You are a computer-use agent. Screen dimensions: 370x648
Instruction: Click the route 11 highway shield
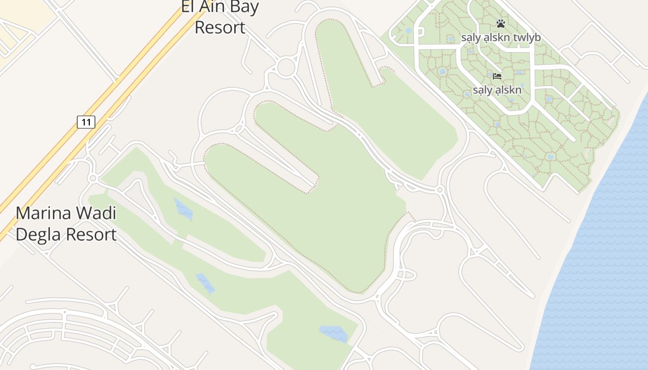pos(86,122)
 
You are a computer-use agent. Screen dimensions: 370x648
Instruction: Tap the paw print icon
pos(500,23)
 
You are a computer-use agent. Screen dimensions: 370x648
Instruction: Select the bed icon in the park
pos(497,76)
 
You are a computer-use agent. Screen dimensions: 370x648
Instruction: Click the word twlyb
pos(524,37)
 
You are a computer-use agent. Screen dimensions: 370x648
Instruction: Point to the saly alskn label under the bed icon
pos(497,90)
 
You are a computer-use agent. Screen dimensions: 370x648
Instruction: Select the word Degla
pos(36,234)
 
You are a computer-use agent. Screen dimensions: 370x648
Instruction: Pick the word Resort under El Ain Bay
pos(219,27)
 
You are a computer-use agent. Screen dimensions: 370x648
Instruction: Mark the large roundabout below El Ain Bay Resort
pos(286,67)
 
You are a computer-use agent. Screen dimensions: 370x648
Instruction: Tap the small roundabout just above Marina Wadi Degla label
pos(93,178)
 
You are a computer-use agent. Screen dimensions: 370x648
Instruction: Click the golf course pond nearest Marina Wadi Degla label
pos(183,209)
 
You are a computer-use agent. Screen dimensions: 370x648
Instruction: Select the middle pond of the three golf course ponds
pos(205,283)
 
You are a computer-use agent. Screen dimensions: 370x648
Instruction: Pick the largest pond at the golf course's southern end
pos(334,333)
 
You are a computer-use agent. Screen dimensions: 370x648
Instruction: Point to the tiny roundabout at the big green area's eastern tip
pos(440,190)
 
